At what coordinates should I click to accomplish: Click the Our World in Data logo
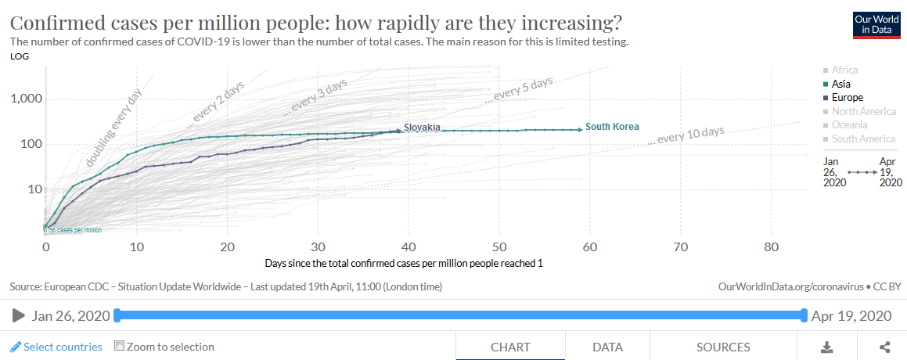pyautogui.click(x=876, y=24)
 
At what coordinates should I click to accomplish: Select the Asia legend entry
pyautogui.click(x=841, y=84)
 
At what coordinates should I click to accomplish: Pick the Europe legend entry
pyautogui.click(x=847, y=98)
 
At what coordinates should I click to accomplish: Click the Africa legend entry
pyautogui.click(x=844, y=70)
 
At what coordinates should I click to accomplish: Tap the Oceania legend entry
pyautogui.click(x=849, y=125)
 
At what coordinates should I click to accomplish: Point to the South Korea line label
pyautogui.click(x=612, y=127)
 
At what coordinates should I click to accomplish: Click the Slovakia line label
pyautogui.click(x=422, y=127)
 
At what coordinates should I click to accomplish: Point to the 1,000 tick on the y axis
pyautogui.click(x=25, y=99)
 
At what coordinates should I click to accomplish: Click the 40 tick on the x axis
pyautogui.click(x=409, y=247)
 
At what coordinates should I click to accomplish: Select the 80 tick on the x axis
pyautogui.click(x=771, y=247)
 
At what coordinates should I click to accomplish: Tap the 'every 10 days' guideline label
pyautogui.click(x=690, y=135)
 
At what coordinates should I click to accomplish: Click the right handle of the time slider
pyautogui.click(x=804, y=315)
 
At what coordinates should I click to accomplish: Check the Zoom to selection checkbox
pyautogui.click(x=120, y=346)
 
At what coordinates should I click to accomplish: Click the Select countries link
pyautogui.click(x=56, y=347)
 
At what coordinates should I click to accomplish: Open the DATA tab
pyautogui.click(x=607, y=347)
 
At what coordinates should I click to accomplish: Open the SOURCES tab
pyautogui.click(x=722, y=347)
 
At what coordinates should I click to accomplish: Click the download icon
pyautogui.click(x=826, y=347)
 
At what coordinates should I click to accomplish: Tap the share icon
pyautogui.click(x=885, y=347)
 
